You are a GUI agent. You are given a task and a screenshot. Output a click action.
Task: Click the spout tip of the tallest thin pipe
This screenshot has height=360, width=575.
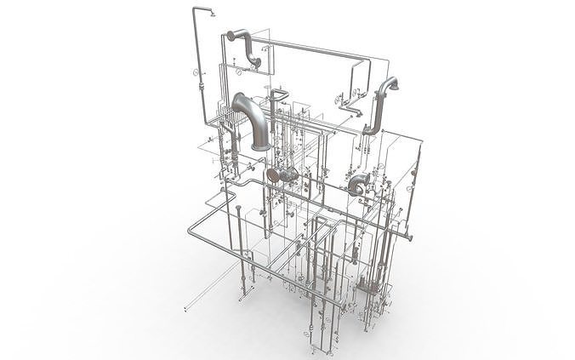pyautogui.click(x=211, y=14)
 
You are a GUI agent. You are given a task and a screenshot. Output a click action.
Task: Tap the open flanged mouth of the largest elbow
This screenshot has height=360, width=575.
pyautogui.click(x=260, y=146)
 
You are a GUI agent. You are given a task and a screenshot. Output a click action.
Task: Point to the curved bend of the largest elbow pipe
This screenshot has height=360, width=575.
pyautogui.click(x=247, y=106)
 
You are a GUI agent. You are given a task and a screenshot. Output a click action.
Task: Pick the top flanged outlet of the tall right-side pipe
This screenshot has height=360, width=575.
pyautogui.click(x=394, y=83)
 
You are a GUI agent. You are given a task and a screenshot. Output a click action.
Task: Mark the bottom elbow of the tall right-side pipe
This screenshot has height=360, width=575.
pyautogui.click(x=371, y=129)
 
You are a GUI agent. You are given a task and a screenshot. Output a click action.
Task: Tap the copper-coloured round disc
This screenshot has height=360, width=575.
pyautogui.click(x=273, y=175)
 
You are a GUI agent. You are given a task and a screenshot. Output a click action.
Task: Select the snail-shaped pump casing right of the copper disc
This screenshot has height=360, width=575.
pyautogui.click(x=357, y=182)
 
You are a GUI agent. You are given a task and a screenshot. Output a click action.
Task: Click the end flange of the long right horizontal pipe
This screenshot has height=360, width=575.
pyautogui.click(x=412, y=238)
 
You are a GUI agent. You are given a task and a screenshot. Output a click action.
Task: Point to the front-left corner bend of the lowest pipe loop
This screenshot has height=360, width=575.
pyautogui.click(x=191, y=231)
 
